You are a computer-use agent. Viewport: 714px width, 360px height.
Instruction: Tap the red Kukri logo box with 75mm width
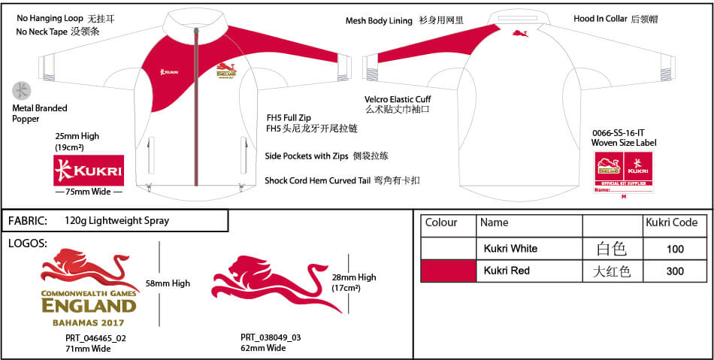pyautogui.click(x=89, y=171)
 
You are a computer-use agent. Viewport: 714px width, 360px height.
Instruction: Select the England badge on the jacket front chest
pyautogui.click(x=225, y=72)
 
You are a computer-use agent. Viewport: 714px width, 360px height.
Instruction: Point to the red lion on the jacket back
pyautogui.click(x=519, y=33)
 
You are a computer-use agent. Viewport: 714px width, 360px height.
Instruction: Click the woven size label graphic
pyautogui.click(x=624, y=172)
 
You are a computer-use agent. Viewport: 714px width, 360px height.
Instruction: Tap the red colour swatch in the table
pyautogui.click(x=448, y=271)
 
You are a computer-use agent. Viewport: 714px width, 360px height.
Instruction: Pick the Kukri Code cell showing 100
pyautogui.click(x=675, y=249)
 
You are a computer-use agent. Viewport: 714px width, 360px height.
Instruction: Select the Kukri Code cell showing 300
pyautogui.click(x=675, y=271)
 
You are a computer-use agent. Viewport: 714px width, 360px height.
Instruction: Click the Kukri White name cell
pyautogui.click(x=510, y=249)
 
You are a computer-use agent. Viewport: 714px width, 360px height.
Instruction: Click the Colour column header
pyautogui.click(x=441, y=222)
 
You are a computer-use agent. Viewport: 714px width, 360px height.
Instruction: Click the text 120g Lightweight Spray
pyautogui.click(x=117, y=221)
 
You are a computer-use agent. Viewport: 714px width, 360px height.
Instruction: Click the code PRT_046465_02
pyautogui.click(x=95, y=338)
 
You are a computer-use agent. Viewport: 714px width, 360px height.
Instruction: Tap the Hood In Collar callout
pyautogui.click(x=608, y=19)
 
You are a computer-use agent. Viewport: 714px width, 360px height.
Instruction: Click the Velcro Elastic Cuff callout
pyautogui.click(x=398, y=99)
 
